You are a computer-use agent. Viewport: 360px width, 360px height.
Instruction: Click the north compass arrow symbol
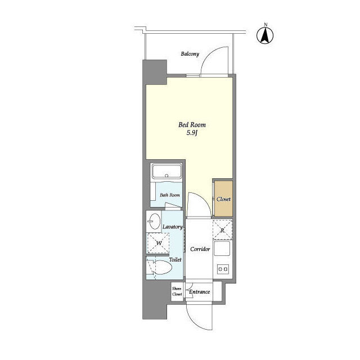(x=265, y=35)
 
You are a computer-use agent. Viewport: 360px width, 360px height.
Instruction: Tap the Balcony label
(x=190, y=54)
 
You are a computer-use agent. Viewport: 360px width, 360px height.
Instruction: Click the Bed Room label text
(x=192, y=125)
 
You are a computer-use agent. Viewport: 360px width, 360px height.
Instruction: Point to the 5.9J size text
(x=192, y=133)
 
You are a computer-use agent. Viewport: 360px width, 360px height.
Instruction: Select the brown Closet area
(x=223, y=199)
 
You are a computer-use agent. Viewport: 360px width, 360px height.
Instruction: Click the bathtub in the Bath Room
(x=166, y=171)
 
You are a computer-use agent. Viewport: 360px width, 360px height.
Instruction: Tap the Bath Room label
(x=170, y=195)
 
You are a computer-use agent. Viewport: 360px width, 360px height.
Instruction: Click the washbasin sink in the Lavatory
(x=154, y=221)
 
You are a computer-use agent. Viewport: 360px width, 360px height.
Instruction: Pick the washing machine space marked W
(x=158, y=243)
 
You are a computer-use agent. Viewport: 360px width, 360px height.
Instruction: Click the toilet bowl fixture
(x=161, y=267)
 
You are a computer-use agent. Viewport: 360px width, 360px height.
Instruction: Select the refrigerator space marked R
(x=222, y=230)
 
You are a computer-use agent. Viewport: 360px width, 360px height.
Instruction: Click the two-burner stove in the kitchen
(x=223, y=269)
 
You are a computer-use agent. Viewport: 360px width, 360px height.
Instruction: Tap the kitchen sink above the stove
(x=222, y=249)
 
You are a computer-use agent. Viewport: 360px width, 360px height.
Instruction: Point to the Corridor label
(x=200, y=249)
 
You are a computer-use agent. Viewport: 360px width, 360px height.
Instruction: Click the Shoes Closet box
(x=177, y=291)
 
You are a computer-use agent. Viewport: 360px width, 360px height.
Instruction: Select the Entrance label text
(x=199, y=292)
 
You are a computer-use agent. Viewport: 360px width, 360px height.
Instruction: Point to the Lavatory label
(x=173, y=227)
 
